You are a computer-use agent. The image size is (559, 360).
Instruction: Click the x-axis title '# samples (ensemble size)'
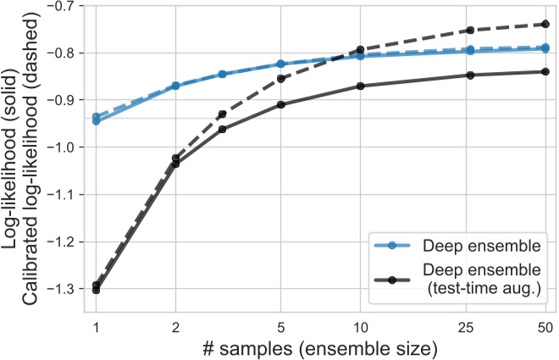click(320, 347)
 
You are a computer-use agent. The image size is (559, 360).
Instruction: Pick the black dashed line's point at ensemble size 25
click(471, 30)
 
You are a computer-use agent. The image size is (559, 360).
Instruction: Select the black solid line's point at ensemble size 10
click(360, 86)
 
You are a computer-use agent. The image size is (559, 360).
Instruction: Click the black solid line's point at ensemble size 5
click(280, 104)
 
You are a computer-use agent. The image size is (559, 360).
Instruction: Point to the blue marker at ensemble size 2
click(175, 86)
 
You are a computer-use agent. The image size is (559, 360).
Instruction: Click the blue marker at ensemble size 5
click(280, 64)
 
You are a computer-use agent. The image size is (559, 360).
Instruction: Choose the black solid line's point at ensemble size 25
click(471, 75)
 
